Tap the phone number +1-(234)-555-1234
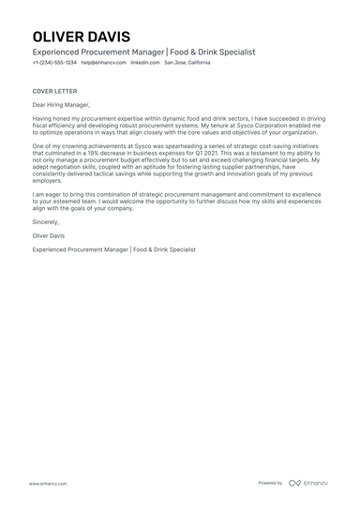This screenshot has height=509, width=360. click(x=54, y=63)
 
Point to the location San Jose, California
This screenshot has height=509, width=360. click(x=187, y=63)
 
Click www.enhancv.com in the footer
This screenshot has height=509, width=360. click(x=46, y=483)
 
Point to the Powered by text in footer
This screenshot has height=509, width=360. click(x=270, y=483)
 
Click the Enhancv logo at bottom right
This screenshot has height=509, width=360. click(x=308, y=483)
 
